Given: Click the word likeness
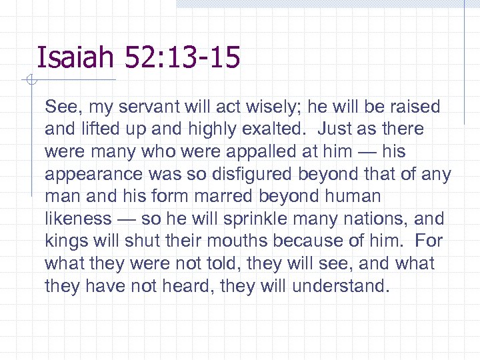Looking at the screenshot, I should (x=78, y=219).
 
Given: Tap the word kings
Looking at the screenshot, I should (x=65, y=241).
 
